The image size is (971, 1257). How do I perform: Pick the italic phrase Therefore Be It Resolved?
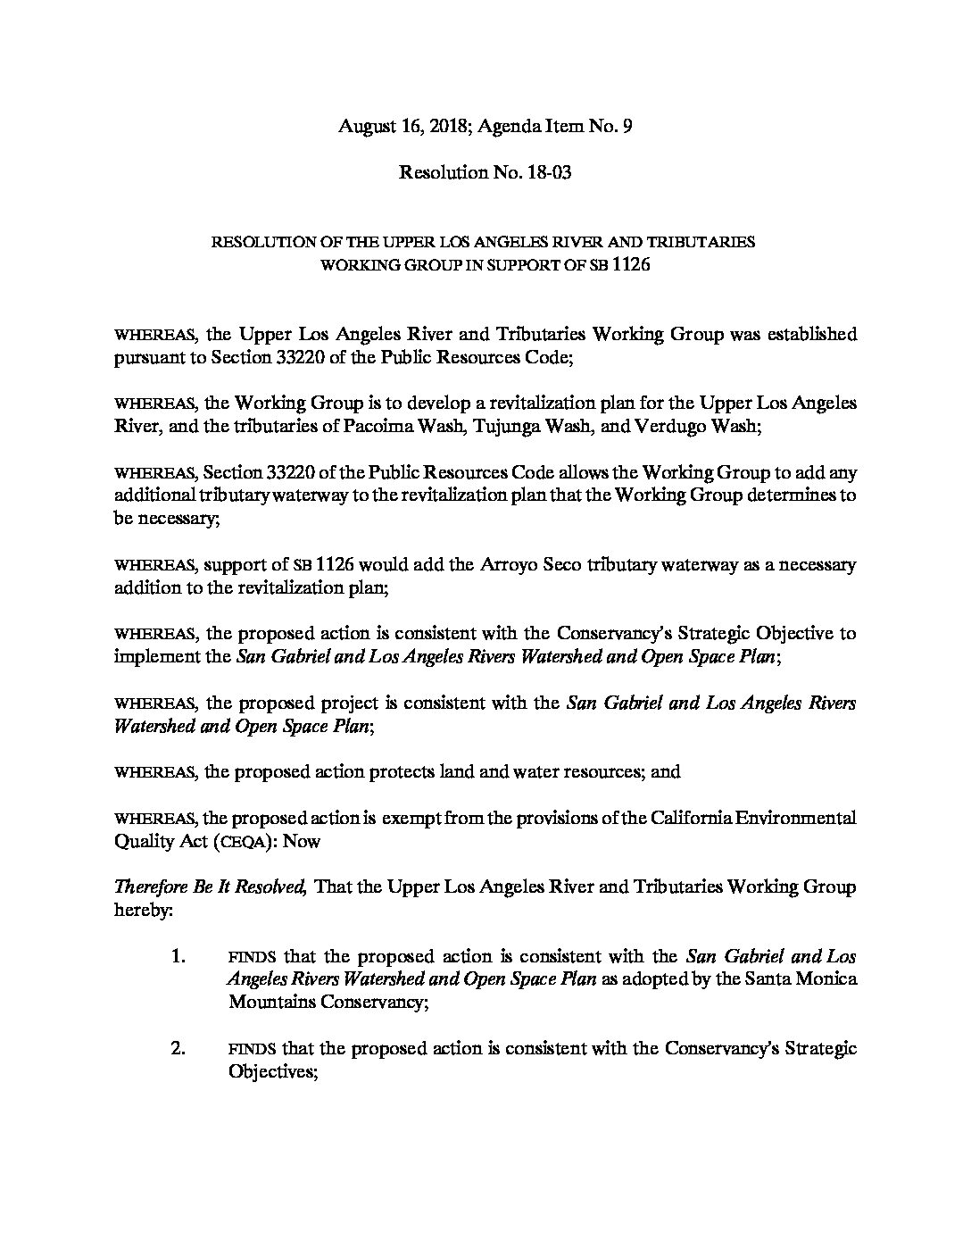212,887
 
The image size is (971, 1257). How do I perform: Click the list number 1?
177,956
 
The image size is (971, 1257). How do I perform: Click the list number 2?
177,1048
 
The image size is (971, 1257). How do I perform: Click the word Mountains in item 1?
269,1003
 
